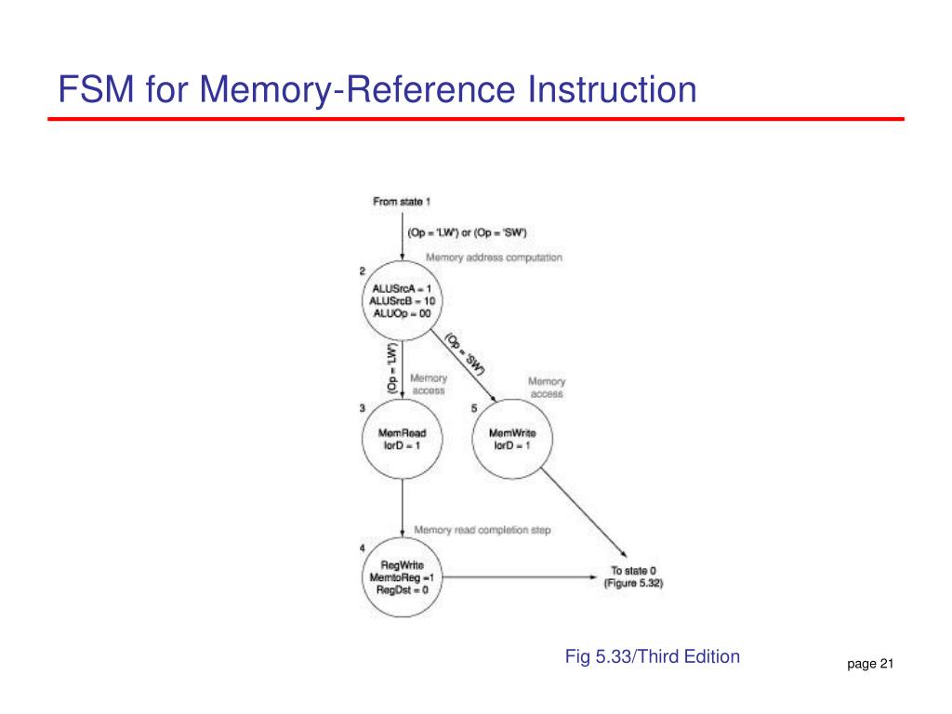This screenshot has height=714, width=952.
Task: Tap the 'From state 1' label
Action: pyautogui.click(x=402, y=201)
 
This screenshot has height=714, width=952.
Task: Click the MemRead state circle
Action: pyautogui.click(x=401, y=439)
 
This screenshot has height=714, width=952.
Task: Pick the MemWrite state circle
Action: pyautogui.click(x=511, y=439)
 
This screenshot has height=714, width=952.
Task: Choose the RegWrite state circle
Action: pyautogui.click(x=401, y=576)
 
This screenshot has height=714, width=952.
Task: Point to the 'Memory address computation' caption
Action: pyautogui.click(x=494, y=257)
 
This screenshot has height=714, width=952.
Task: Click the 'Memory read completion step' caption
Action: pyautogui.click(x=482, y=530)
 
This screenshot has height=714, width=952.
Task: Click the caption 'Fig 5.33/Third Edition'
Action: pyautogui.click(x=653, y=656)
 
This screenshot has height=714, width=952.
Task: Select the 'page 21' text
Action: pyautogui.click(x=870, y=664)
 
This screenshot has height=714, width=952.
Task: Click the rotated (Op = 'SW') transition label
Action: pyautogui.click(x=465, y=354)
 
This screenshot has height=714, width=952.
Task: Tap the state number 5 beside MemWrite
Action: pyautogui.click(x=474, y=406)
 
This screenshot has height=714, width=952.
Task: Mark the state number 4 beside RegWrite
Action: pyautogui.click(x=363, y=545)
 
